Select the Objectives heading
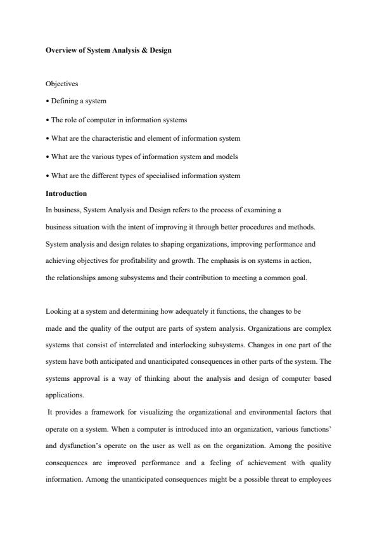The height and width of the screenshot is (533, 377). pyautogui.click(x=62, y=84)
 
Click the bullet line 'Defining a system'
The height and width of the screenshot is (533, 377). pyautogui.click(x=76, y=101)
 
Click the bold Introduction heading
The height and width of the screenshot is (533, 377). pyautogui.click(x=66, y=193)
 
